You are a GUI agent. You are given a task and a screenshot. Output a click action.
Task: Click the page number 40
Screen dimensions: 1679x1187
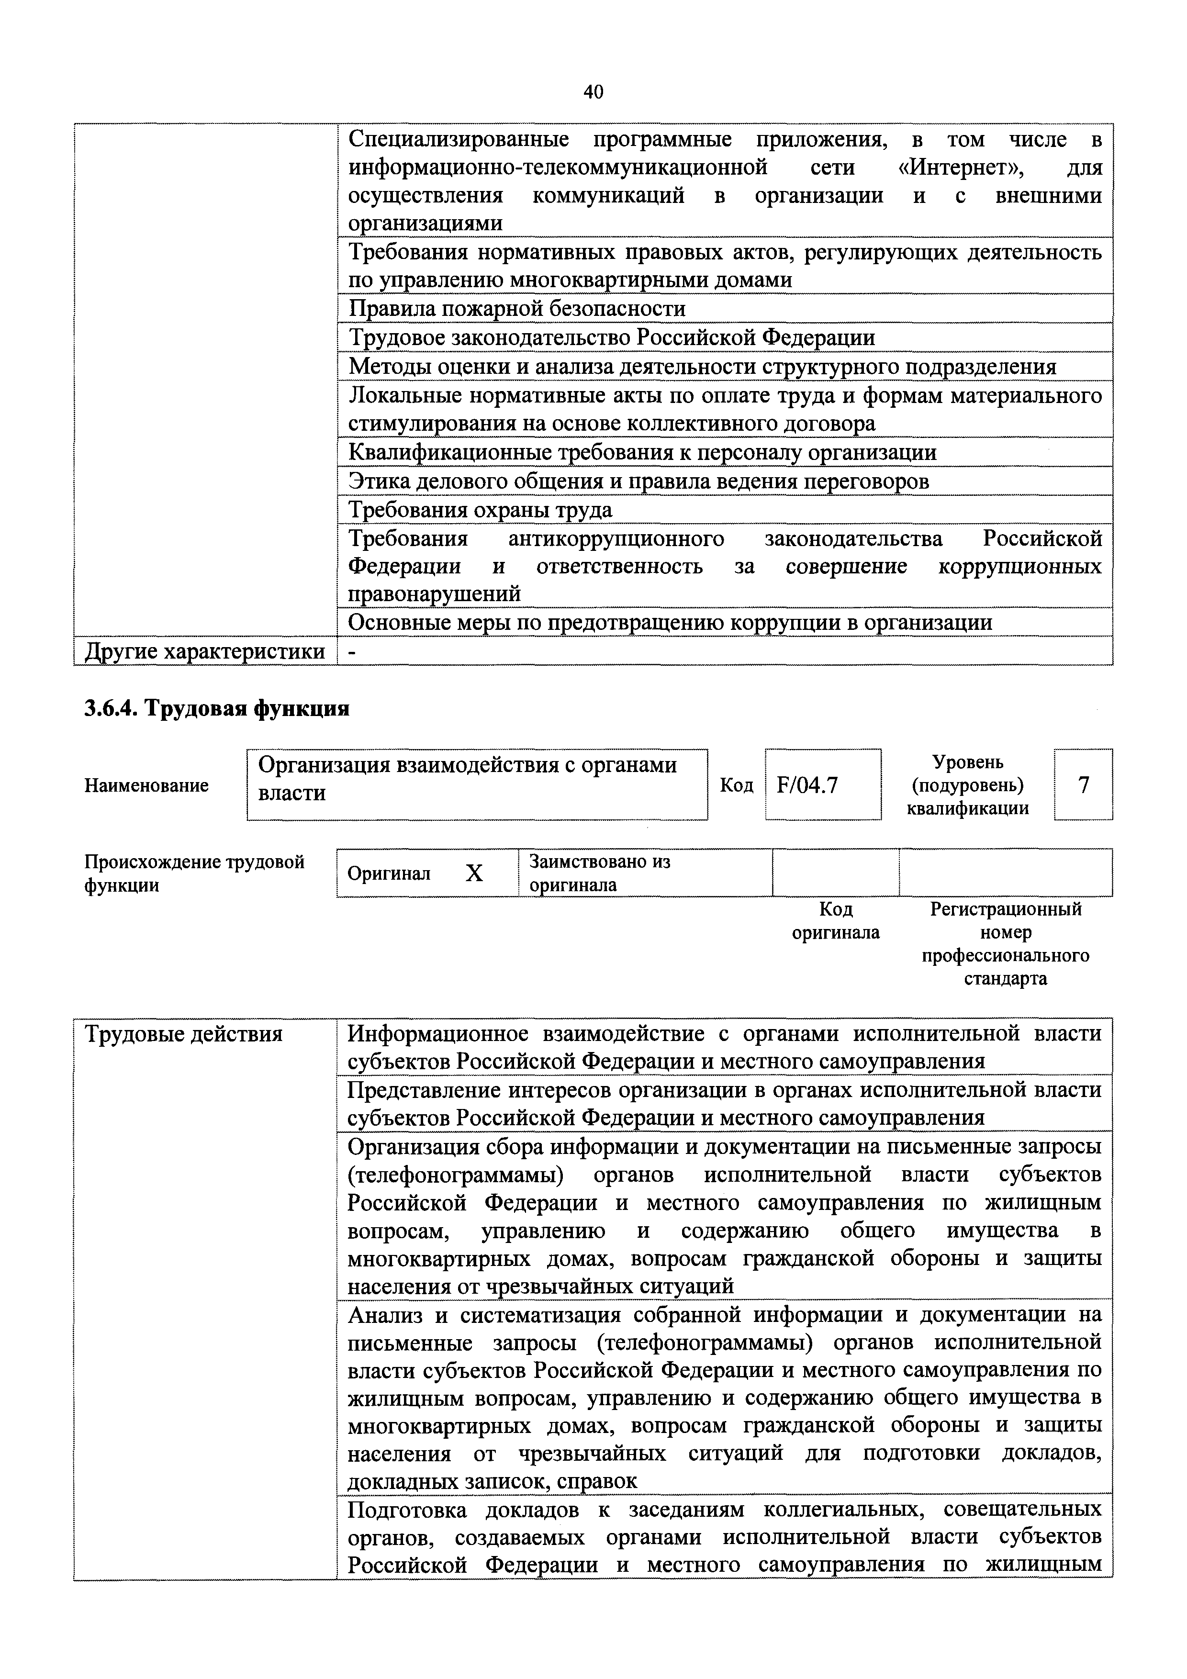click(x=593, y=92)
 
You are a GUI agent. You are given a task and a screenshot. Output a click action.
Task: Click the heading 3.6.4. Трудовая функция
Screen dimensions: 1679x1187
click(x=217, y=708)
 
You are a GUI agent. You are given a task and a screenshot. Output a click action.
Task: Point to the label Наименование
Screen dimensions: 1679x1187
click(x=147, y=785)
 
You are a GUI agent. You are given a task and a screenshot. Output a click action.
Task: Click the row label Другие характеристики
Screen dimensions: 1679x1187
click(x=205, y=651)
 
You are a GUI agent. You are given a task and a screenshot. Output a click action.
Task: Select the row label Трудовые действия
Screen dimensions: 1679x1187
click(x=184, y=1034)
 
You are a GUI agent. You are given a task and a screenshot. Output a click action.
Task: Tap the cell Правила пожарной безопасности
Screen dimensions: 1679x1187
click(x=517, y=309)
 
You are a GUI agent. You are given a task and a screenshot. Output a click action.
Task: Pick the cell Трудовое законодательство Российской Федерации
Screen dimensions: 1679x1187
click(x=611, y=337)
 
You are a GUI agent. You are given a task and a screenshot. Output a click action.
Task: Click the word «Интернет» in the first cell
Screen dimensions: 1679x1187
click(x=960, y=168)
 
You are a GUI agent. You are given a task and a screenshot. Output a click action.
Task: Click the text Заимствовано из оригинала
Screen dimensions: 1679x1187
click(x=600, y=873)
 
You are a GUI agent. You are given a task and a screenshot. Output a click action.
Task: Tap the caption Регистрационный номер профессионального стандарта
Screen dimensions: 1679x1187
click(x=1005, y=943)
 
